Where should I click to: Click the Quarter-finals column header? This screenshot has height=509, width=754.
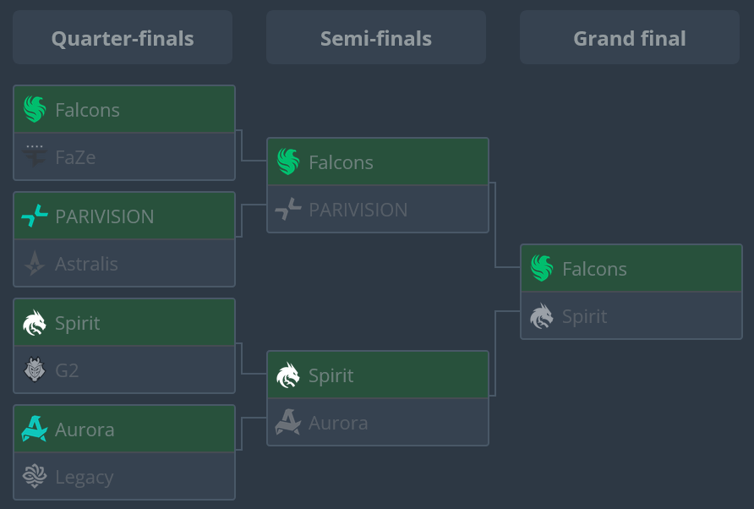tap(123, 38)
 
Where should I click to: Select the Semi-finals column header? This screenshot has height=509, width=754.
tap(376, 38)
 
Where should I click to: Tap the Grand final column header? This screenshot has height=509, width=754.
tap(630, 38)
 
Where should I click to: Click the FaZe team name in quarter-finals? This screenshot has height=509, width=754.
tap(75, 156)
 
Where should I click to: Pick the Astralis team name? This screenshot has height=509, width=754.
tap(86, 264)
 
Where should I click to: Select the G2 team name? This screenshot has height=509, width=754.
tap(67, 369)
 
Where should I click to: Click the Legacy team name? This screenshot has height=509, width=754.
tap(84, 477)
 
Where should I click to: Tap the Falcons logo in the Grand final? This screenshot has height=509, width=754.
tap(542, 269)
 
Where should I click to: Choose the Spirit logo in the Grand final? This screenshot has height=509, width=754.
tap(542, 316)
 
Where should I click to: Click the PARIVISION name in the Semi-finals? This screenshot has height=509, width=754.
tap(358, 210)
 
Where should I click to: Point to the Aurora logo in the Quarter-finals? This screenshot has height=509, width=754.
tap(35, 430)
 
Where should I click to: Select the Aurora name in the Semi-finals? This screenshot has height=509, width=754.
tap(338, 423)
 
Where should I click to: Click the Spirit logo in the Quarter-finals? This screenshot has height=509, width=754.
tap(35, 323)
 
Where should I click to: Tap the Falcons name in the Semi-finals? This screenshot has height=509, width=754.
tap(341, 162)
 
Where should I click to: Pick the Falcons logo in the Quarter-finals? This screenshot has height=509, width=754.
tap(35, 109)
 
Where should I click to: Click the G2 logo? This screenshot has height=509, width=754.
tap(35, 369)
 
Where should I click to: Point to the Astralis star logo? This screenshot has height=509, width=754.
tap(35, 264)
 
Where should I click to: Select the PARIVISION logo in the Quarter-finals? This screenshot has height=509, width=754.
tap(35, 216)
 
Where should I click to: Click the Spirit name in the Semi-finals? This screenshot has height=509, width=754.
tap(331, 375)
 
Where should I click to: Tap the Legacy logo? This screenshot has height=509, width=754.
tap(35, 477)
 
